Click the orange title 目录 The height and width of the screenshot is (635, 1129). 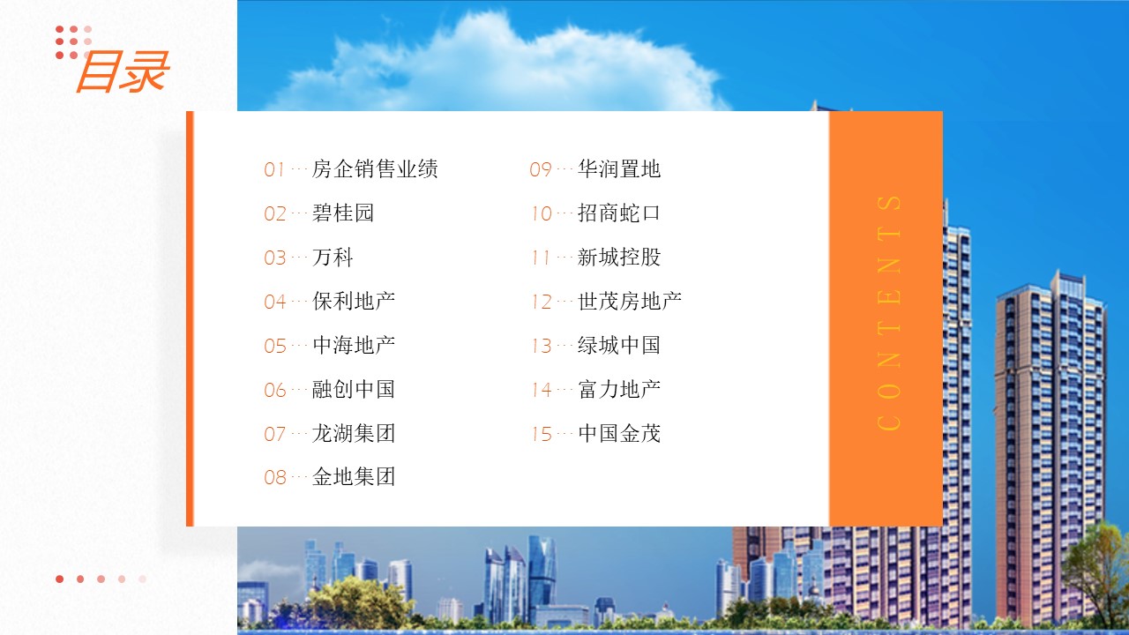click(x=123, y=71)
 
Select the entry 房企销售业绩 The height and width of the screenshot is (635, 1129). click(x=375, y=168)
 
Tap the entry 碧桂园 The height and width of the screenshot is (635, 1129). click(x=343, y=213)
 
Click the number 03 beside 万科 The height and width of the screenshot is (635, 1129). click(x=275, y=258)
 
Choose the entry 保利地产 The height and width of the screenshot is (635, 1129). click(x=354, y=301)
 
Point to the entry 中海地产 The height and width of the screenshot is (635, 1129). click(x=354, y=345)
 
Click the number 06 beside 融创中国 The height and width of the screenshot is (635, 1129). click(x=275, y=390)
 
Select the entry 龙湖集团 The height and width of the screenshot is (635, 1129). click(x=354, y=433)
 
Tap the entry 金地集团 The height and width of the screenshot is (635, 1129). click(x=354, y=477)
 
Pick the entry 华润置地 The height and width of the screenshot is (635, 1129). click(x=619, y=168)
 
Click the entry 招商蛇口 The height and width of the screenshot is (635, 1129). click(x=619, y=213)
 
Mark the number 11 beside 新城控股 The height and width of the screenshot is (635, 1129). click(x=541, y=258)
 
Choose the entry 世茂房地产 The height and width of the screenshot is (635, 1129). click(x=630, y=301)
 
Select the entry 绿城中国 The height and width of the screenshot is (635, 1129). click(x=619, y=345)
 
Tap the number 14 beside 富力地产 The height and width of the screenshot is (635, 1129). click(x=542, y=390)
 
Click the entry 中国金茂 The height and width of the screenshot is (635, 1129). click(x=619, y=433)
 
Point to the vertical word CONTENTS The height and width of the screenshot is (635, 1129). click(x=889, y=313)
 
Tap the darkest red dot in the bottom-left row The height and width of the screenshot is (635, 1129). click(x=59, y=579)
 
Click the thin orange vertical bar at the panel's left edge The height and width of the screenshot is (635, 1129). click(x=190, y=318)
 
